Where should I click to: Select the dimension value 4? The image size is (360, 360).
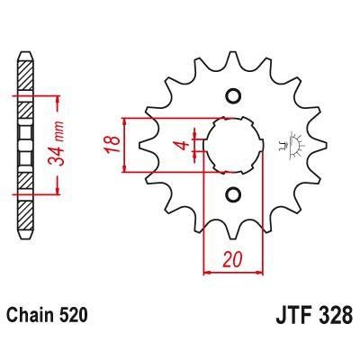click(180, 144)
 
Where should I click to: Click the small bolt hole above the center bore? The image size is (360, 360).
click(233, 96)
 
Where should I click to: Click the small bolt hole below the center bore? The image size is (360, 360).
click(233, 193)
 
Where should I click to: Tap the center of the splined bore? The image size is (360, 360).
click(233, 144)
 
